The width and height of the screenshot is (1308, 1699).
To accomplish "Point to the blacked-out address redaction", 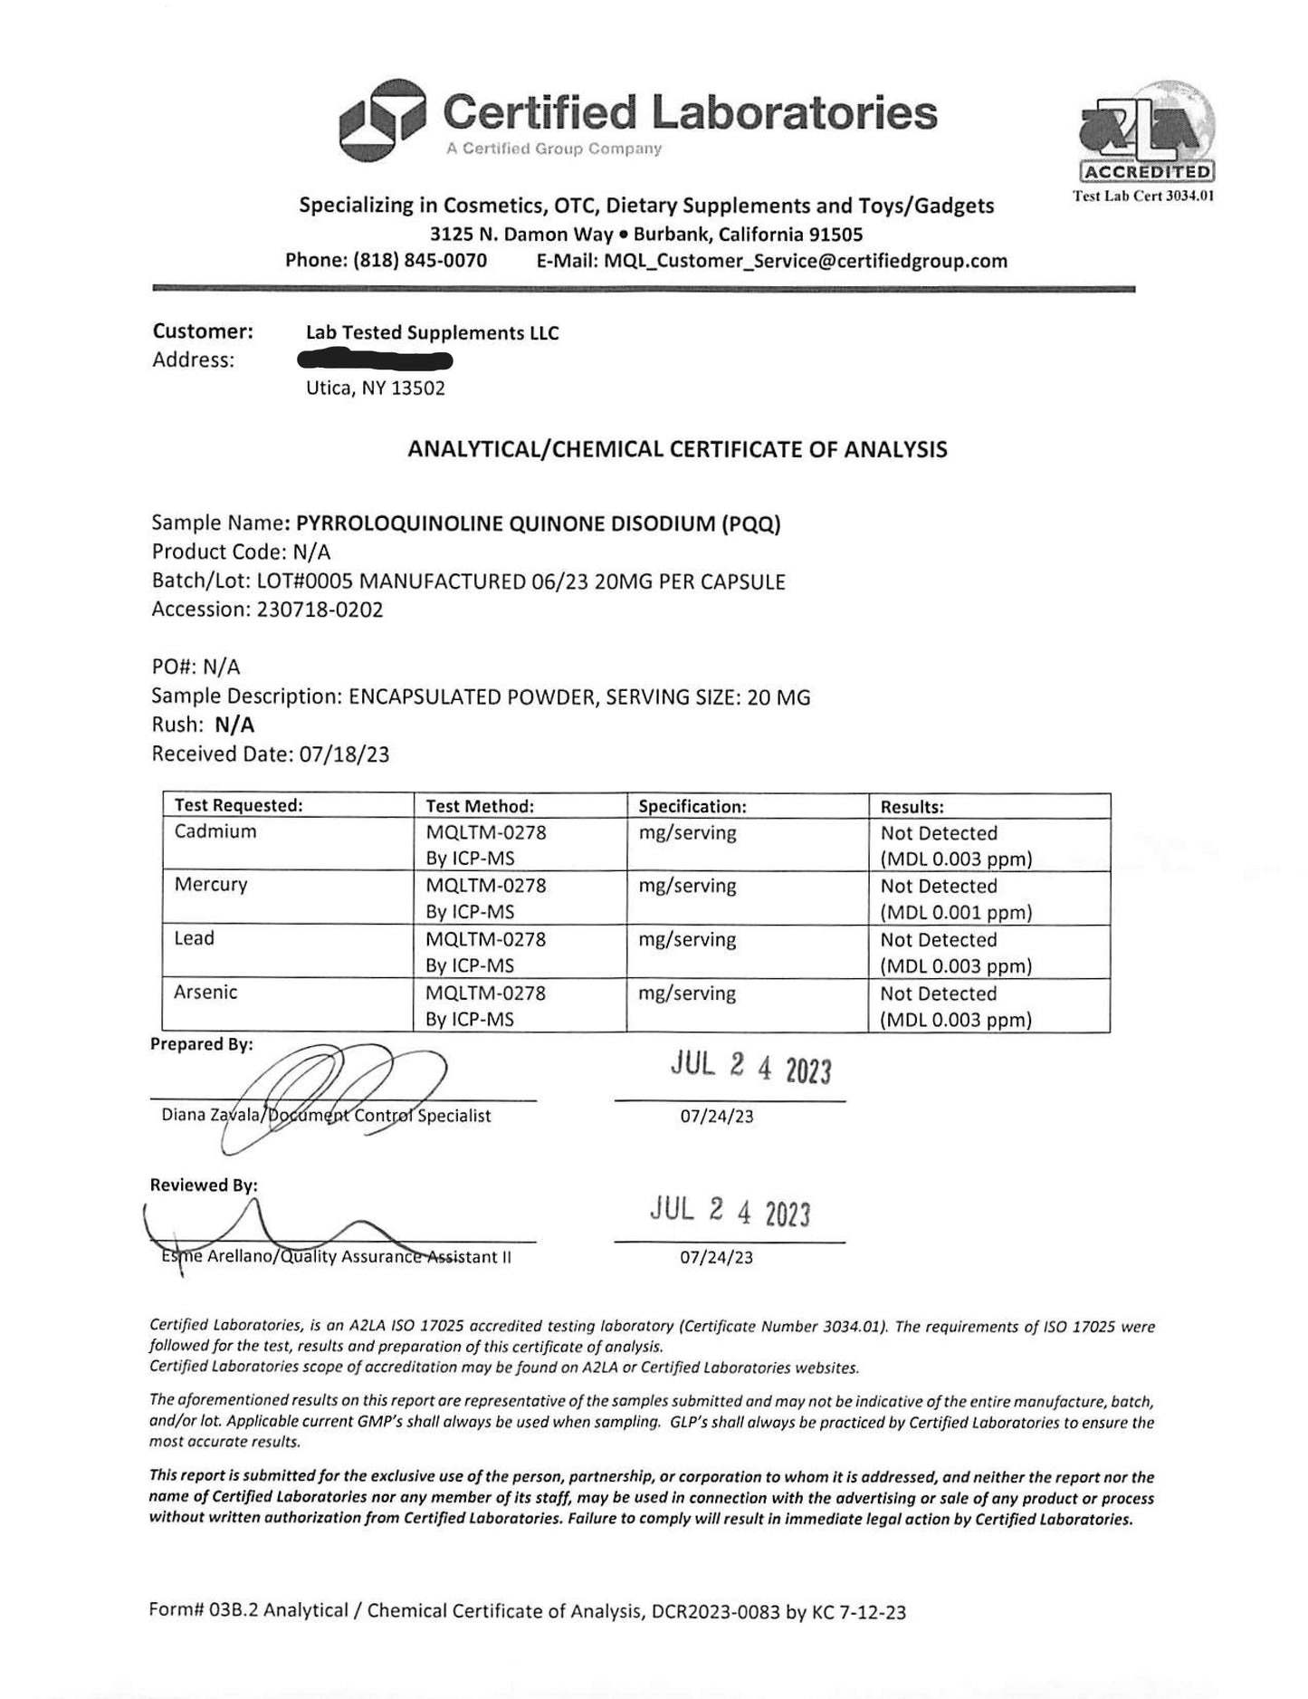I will coord(376,360).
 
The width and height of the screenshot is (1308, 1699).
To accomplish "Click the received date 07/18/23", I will coord(344,754).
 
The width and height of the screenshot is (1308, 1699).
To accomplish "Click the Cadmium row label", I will coord(215,831).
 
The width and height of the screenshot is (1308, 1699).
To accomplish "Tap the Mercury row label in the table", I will coord(211,885).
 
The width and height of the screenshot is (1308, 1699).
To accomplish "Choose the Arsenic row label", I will coord(205,993).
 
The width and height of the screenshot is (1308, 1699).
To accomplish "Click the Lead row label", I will coord(195,938).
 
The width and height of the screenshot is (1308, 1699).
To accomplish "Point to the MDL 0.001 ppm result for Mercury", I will coord(956,912).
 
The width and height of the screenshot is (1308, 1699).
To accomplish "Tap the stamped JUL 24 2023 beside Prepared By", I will coord(750,1068).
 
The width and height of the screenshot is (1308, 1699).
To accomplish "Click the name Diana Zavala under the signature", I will coord(211,1116).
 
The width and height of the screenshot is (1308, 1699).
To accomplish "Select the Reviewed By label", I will coord(204,1185).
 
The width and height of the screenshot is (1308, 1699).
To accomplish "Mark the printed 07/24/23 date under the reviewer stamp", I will coord(717,1257).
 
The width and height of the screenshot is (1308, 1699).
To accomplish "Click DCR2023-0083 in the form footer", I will coord(714,1611).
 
